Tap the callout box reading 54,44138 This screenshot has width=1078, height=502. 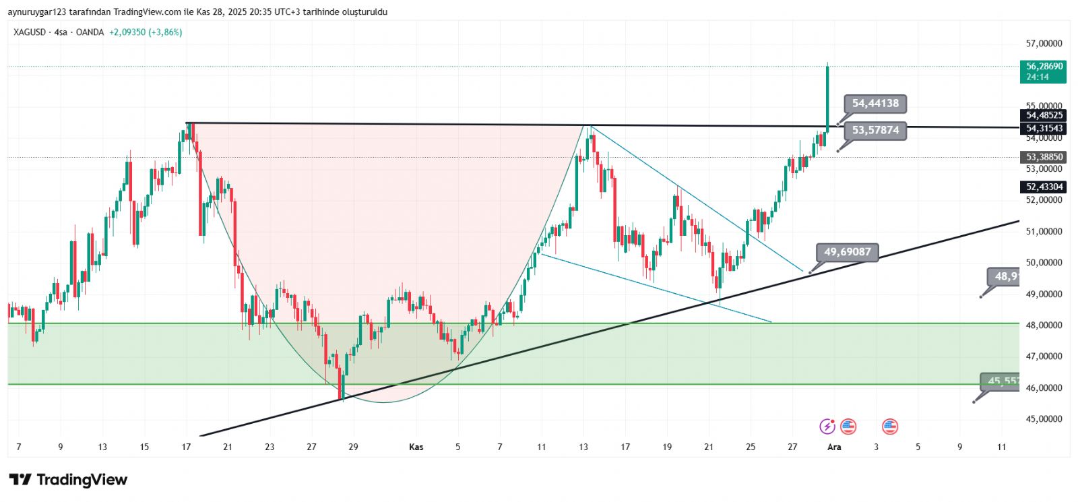click(875, 103)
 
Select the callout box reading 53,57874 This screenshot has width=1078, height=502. click(875, 130)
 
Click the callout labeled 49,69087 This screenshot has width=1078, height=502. click(847, 252)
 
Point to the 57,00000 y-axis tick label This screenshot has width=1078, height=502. click(1044, 44)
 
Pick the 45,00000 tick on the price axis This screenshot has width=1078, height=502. click(1044, 419)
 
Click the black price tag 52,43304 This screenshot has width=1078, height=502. click(1044, 187)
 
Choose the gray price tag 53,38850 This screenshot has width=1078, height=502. click(1044, 157)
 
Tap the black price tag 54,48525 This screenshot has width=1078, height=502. click(1044, 115)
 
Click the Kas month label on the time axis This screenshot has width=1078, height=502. click(416, 447)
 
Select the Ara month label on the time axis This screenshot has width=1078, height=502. click(834, 447)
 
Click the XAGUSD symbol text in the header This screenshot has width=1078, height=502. click(30, 32)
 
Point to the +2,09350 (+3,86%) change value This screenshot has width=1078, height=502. click(146, 32)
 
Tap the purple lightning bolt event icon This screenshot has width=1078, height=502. click(827, 427)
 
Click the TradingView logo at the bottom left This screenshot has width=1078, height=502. click(68, 480)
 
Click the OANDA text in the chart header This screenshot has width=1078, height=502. click(90, 32)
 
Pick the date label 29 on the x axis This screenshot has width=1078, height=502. click(353, 447)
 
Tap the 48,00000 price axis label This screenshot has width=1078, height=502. click(1044, 325)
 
